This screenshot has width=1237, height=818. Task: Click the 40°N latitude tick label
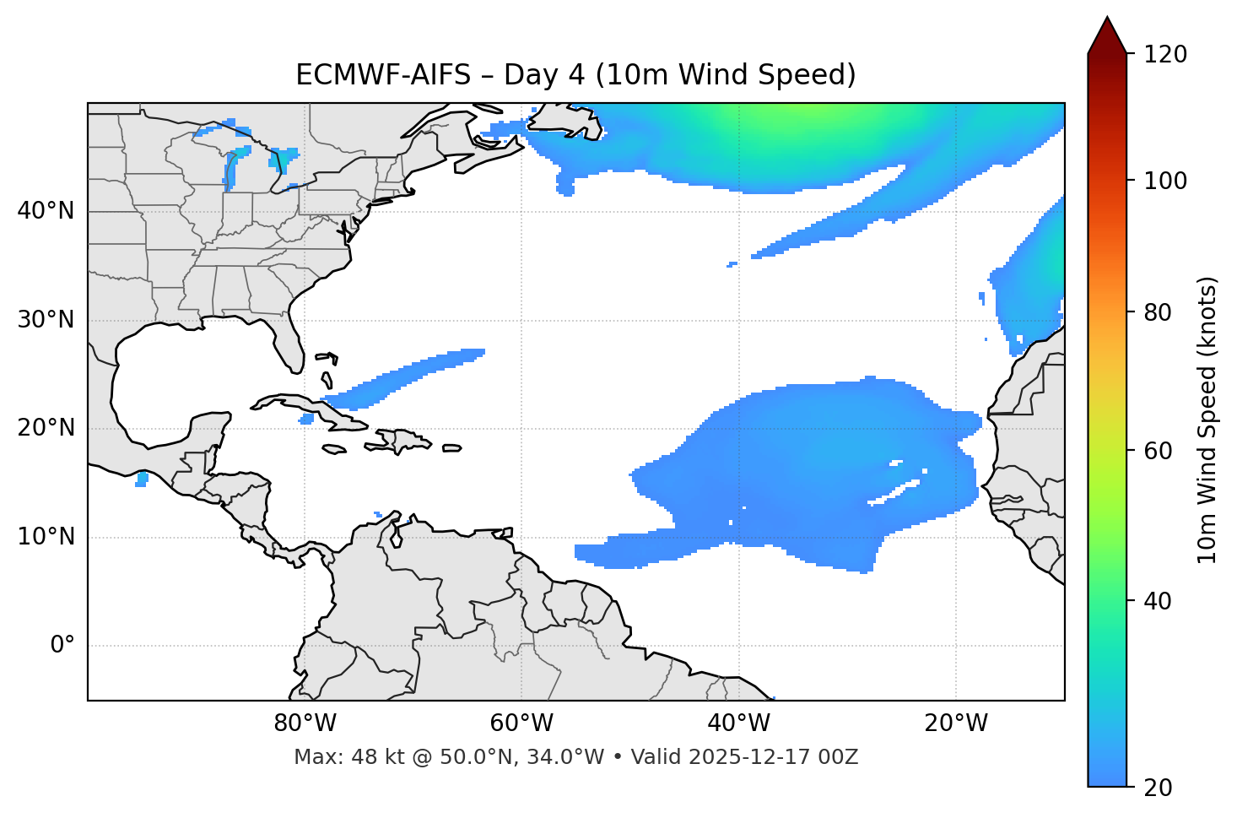[46, 211]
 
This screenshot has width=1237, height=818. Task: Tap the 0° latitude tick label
[62, 646]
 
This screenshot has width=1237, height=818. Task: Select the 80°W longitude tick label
[305, 723]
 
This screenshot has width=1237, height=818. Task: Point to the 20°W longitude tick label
[956, 723]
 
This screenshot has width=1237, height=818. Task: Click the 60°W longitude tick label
[521, 723]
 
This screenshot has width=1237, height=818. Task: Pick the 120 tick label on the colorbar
[1164, 55]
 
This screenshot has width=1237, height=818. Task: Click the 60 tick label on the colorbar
[1157, 451]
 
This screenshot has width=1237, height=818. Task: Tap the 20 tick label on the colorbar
[1157, 788]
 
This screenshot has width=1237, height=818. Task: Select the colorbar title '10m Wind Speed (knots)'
[1207, 420]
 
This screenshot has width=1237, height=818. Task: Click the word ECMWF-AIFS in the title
[383, 75]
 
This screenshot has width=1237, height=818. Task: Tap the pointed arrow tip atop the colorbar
[1107, 20]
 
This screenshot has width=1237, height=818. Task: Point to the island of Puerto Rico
[451, 448]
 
